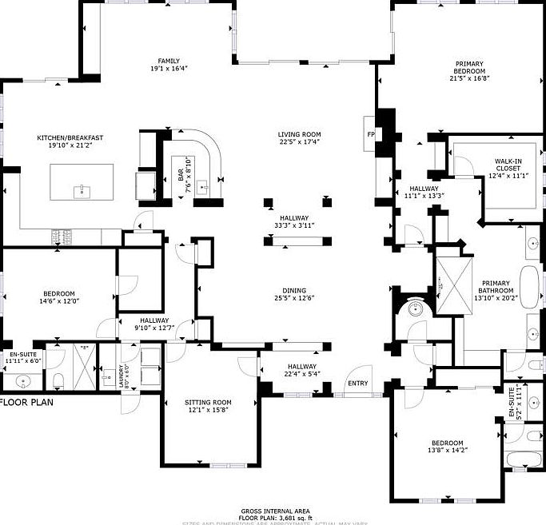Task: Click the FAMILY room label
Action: click(168, 61)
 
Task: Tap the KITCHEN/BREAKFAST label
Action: click(70, 137)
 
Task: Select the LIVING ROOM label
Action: click(299, 134)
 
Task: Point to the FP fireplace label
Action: click(370, 134)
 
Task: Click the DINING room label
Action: click(293, 291)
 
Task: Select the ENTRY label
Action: click(357, 384)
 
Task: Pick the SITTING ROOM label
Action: click(208, 403)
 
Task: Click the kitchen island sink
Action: click(81, 190)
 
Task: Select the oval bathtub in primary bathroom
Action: click(530, 286)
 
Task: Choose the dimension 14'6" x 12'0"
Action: click(60, 300)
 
